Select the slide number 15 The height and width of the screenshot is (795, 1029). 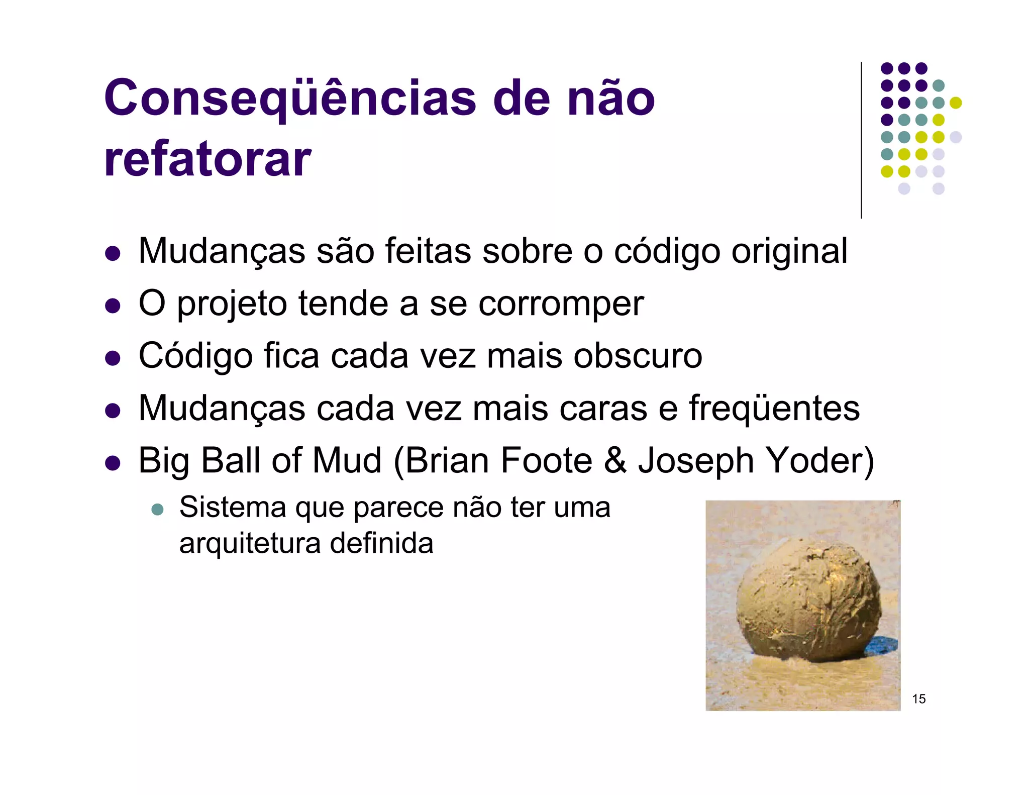click(918, 699)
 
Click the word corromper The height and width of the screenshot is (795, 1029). click(561, 304)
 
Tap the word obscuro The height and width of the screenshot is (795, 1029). click(638, 356)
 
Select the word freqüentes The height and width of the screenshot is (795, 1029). click(774, 408)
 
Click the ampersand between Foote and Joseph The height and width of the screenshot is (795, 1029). click(615, 460)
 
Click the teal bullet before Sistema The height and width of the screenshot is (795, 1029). click(158, 509)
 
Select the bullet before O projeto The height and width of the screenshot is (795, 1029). click(113, 306)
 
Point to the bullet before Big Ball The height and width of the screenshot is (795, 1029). click(113, 462)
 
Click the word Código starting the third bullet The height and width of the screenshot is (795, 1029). click(195, 356)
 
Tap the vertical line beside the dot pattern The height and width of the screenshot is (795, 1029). click(861, 141)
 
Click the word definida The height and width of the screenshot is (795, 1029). click(382, 544)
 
